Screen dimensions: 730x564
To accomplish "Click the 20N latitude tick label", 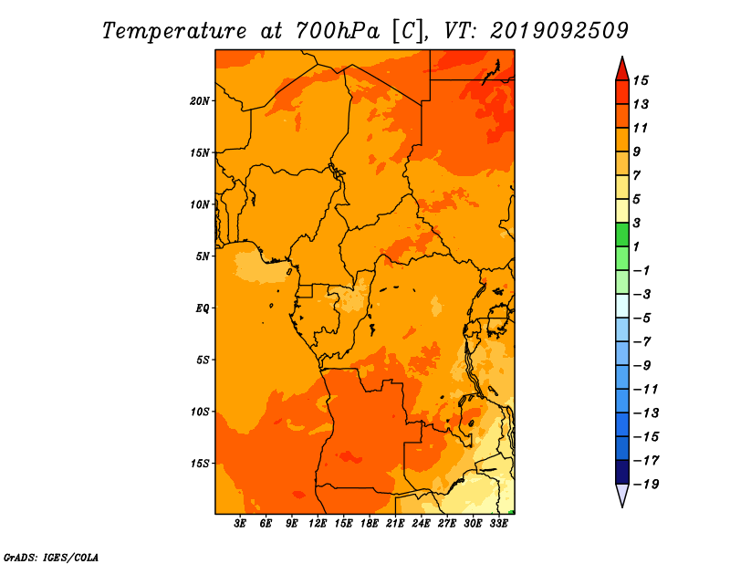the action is click(200, 101).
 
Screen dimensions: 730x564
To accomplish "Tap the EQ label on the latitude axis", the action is click(203, 308).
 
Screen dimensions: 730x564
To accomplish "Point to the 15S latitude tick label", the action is click(200, 464).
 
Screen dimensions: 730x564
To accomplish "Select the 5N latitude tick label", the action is click(203, 256).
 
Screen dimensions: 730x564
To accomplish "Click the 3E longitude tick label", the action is click(240, 524).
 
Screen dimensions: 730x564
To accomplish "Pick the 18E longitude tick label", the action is click(370, 524).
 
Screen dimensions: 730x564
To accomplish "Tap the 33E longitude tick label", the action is click(498, 524).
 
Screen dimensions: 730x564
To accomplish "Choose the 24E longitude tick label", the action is click(421, 524).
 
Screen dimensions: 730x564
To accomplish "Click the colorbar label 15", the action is click(641, 80).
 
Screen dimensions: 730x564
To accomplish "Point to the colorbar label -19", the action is click(646, 485).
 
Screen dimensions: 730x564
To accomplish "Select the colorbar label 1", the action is click(636, 246).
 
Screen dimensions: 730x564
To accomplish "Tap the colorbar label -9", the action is click(642, 366).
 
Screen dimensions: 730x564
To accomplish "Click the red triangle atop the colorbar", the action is click(622, 70).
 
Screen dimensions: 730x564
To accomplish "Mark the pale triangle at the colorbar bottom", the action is click(622, 495).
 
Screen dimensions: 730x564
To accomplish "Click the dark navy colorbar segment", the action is click(622, 472).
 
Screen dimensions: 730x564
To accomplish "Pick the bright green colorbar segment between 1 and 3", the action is click(622, 235).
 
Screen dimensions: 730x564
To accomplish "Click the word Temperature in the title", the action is click(174, 31).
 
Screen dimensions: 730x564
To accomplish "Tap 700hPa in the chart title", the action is click(338, 31).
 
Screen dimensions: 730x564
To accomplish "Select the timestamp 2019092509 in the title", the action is click(559, 31).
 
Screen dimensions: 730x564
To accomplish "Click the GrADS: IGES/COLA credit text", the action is click(51, 558).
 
